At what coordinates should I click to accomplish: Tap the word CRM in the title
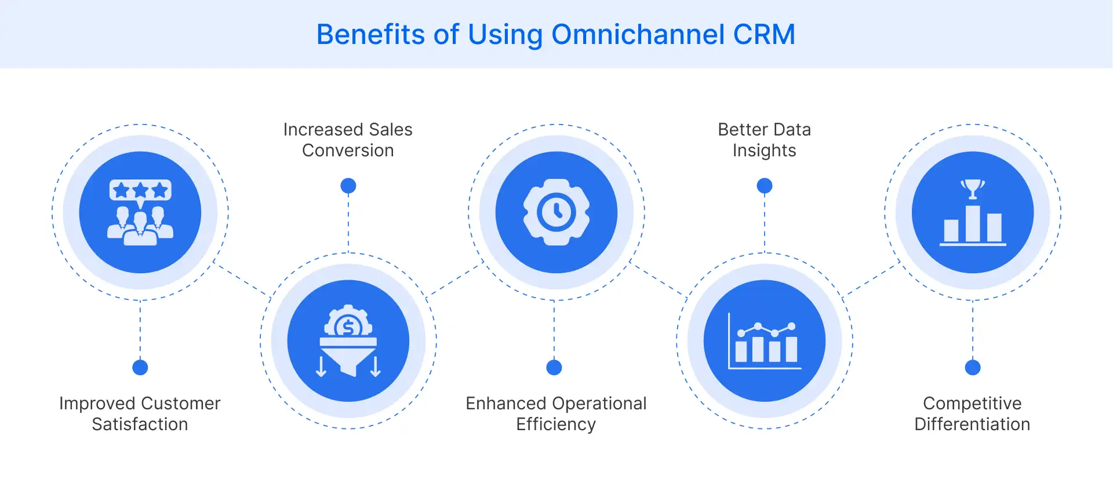pos(764,35)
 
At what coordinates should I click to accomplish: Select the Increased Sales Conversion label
pos(348,140)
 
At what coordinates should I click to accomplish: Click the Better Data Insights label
pos(764,140)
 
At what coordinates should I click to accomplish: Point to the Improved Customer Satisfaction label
pos(140,413)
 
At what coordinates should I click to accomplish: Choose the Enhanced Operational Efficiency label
pos(556,413)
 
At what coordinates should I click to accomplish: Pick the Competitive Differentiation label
pos(972,413)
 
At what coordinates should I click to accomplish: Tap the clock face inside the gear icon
pos(556,212)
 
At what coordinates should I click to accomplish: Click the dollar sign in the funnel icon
pos(348,328)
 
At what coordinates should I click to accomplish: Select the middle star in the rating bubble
pos(140,190)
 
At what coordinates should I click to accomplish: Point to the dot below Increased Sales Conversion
pos(348,186)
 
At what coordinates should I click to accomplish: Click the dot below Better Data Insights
pos(765,186)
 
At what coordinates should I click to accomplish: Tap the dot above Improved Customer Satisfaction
pos(140,367)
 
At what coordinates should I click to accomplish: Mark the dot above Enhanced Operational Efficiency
pos(554,367)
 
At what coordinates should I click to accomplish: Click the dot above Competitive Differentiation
pos(973,367)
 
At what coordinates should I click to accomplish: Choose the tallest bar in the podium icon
pos(973,223)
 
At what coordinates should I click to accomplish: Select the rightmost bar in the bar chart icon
pos(791,350)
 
